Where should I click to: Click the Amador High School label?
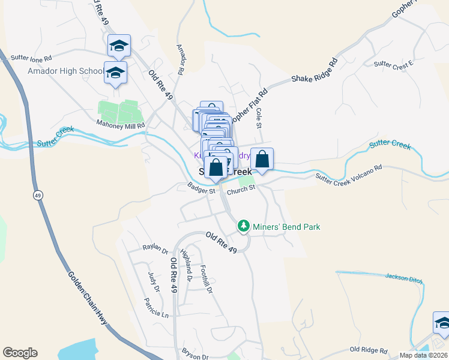[65, 71]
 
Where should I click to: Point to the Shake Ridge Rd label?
[315, 70]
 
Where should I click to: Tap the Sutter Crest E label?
[393, 64]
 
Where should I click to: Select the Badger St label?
[200, 190]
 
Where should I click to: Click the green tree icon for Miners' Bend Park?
[243, 226]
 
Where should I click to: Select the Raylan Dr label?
[155, 248]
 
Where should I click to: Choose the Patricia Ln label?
[156, 307]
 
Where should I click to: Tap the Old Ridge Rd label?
[366, 349]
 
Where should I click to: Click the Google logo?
[20, 353]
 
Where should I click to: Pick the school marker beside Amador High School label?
[116, 73]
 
